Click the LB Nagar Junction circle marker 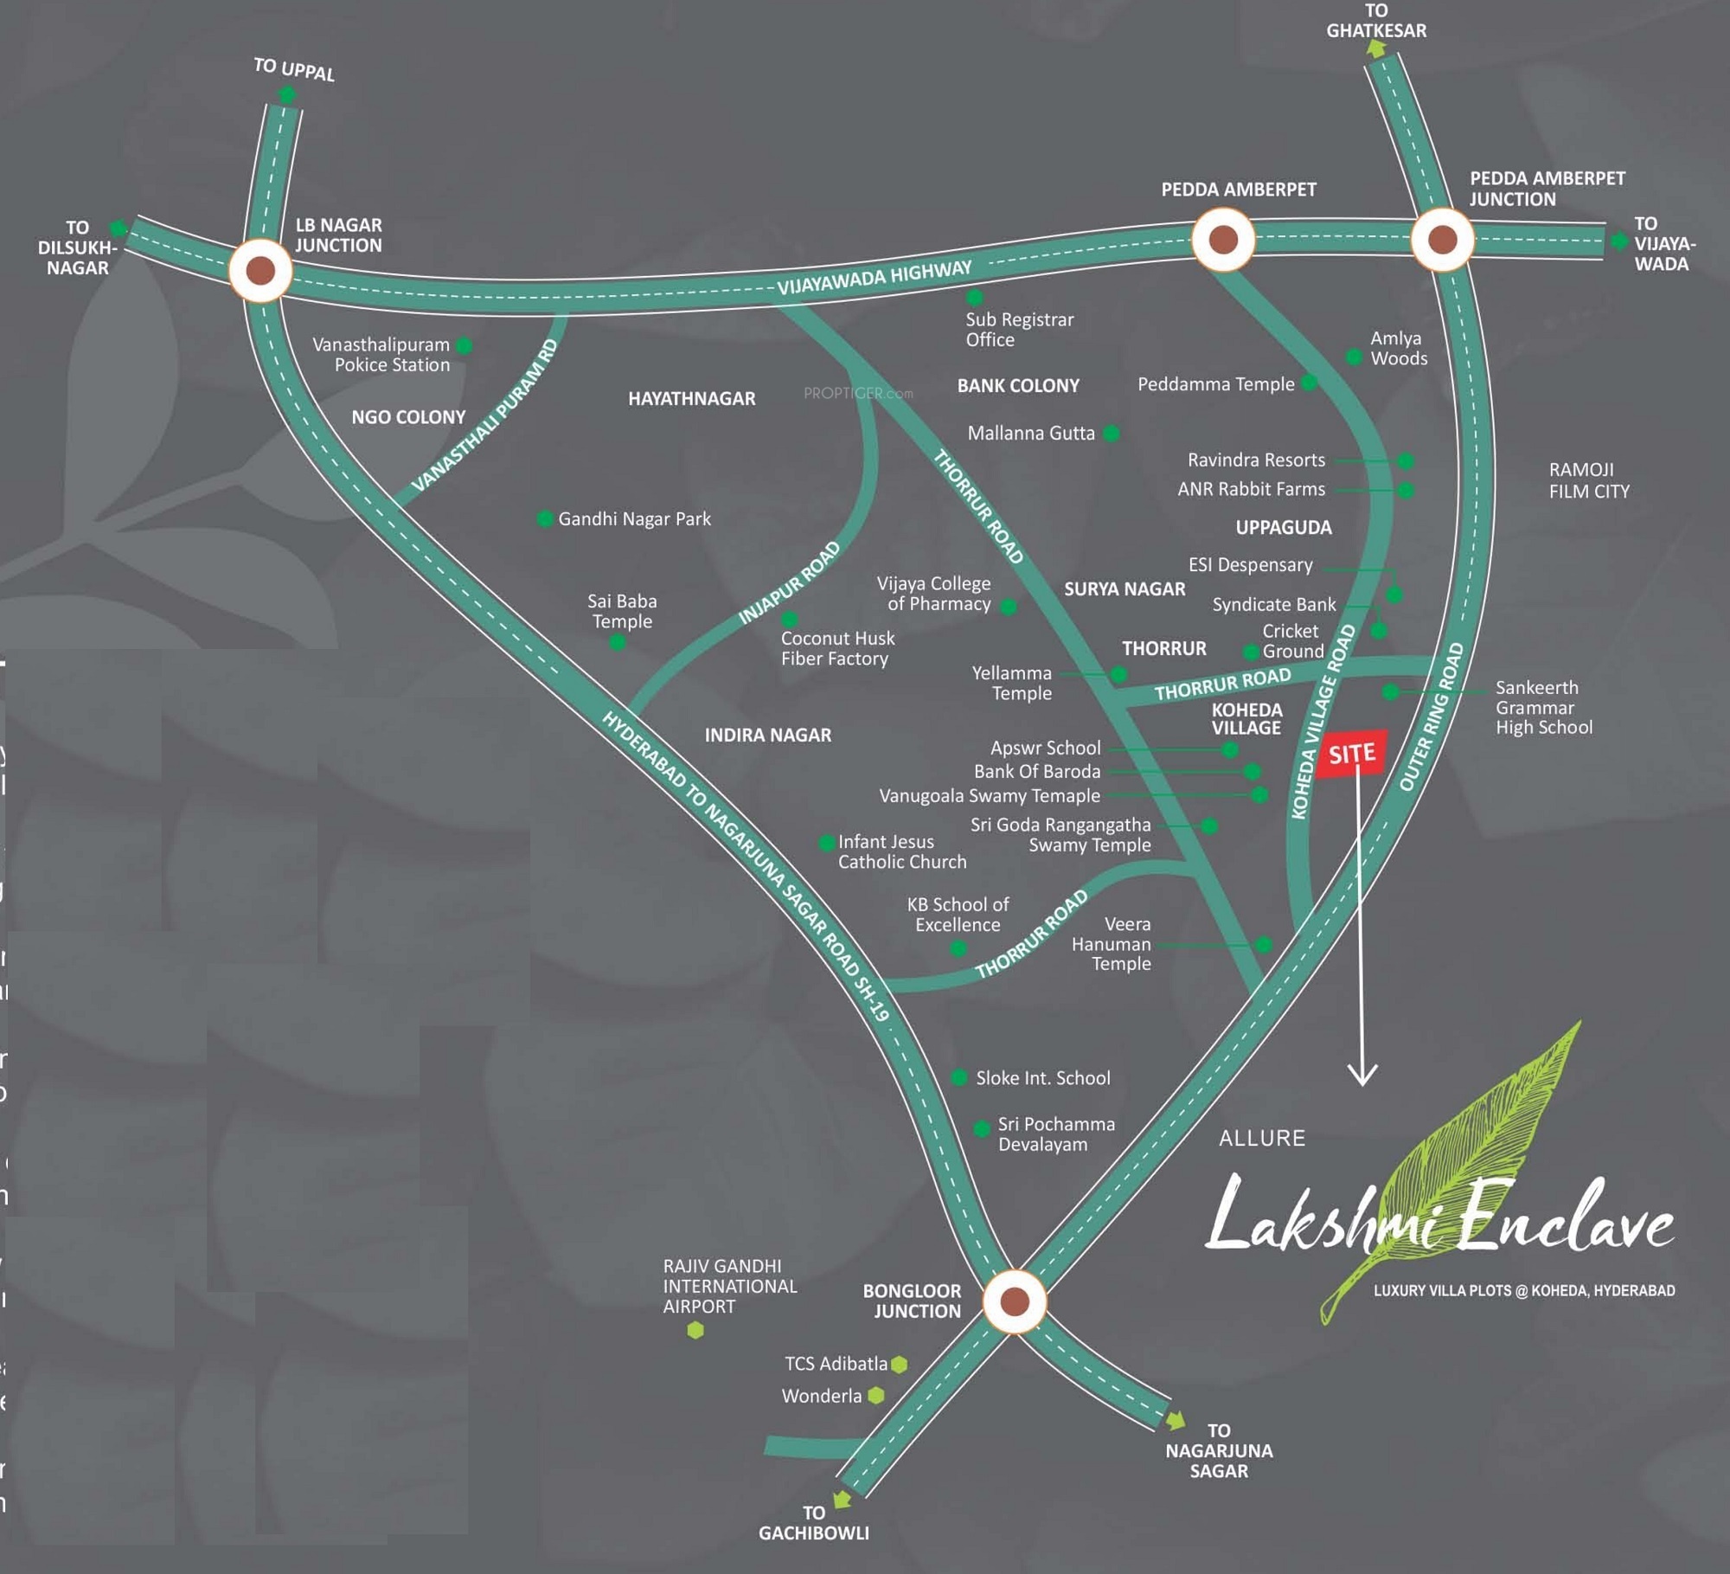pyautogui.click(x=260, y=270)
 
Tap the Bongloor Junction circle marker pyautogui.click(x=1015, y=1301)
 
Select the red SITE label pyautogui.click(x=1352, y=754)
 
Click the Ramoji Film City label pyautogui.click(x=1588, y=480)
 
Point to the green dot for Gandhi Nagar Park pyautogui.click(x=545, y=518)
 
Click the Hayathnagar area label pyautogui.click(x=691, y=399)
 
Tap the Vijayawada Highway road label pyautogui.click(x=874, y=277)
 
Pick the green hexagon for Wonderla pyautogui.click(x=876, y=1395)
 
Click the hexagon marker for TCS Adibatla pyautogui.click(x=900, y=1364)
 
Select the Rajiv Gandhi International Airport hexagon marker pyautogui.click(x=695, y=1330)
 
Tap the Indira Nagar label pyautogui.click(x=767, y=735)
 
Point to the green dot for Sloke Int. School pyautogui.click(x=959, y=1077)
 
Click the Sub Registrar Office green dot pyautogui.click(x=975, y=298)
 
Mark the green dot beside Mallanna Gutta pyautogui.click(x=1112, y=433)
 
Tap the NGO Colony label pyautogui.click(x=408, y=417)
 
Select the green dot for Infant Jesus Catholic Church pyautogui.click(x=827, y=842)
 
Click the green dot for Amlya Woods pyautogui.click(x=1354, y=357)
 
